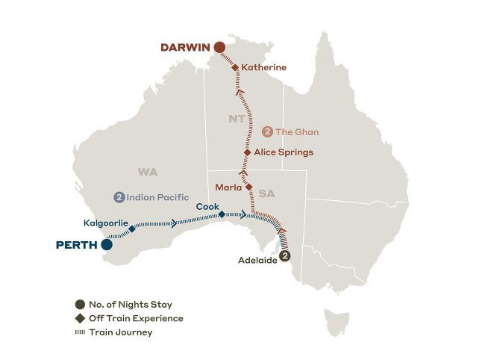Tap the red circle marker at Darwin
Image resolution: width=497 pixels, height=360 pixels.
tap(219, 47)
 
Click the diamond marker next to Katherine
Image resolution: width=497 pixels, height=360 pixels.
tap(235, 67)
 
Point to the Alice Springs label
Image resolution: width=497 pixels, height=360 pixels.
tap(283, 152)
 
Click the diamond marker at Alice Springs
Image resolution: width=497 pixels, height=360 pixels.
tap(248, 152)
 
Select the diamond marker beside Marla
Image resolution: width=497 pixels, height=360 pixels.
tap(249, 187)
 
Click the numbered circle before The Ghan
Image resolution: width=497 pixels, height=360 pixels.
tap(268, 131)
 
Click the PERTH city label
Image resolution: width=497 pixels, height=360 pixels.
tap(77, 244)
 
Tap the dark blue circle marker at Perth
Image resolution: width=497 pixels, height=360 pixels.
tap(107, 243)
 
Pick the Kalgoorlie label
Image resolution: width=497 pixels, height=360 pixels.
tap(107, 223)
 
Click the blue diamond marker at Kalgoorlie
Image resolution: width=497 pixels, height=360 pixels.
tap(132, 229)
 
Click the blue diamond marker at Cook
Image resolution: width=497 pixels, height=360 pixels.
tap(222, 214)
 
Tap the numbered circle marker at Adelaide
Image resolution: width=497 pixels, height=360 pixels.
tap(284, 256)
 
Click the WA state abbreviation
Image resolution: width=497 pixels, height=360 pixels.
tap(148, 172)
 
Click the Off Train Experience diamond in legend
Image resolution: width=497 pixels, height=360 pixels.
tap(80, 318)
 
